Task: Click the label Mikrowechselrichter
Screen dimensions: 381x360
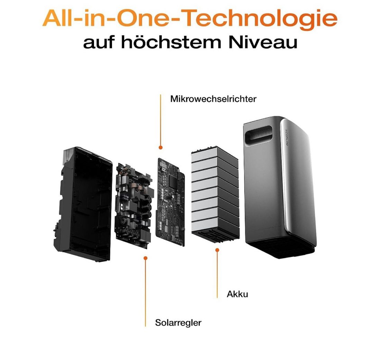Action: [213, 99]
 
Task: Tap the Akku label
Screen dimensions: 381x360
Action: [237, 294]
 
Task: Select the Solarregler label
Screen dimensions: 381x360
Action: [178, 323]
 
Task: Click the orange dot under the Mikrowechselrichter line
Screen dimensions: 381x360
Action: [160, 147]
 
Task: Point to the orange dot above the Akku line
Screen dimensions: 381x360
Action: [217, 250]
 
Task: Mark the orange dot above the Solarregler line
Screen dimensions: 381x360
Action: [145, 258]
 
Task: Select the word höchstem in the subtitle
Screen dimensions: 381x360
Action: [171, 42]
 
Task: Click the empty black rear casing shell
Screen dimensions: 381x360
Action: [83, 204]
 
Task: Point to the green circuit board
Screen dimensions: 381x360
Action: [170, 202]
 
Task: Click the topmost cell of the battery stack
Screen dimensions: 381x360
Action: [215, 154]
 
